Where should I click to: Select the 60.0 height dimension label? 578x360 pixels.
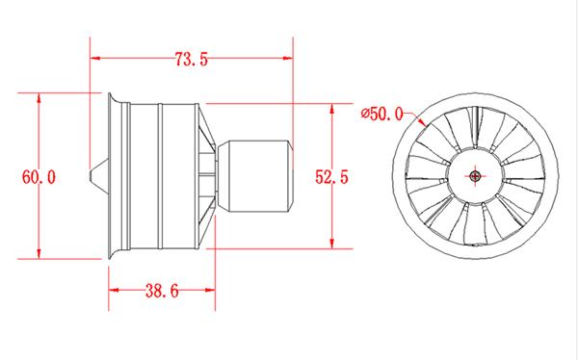pos(39,177)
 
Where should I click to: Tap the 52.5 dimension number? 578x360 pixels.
pos(331,175)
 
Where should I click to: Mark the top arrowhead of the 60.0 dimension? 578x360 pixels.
pos(39,97)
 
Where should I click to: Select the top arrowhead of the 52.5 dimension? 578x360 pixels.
pos(332,107)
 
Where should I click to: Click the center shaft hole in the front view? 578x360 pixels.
pos(477,176)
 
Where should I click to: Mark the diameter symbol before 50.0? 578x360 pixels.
pos(366,114)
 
